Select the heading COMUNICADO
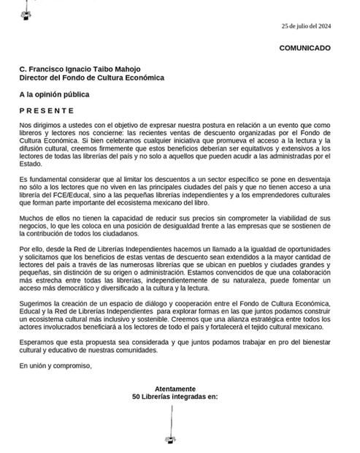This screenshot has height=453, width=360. (x=305, y=48)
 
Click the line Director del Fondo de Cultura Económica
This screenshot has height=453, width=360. (x=92, y=78)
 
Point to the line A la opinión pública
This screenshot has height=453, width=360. (x=55, y=94)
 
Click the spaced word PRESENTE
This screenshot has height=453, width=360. (x=47, y=110)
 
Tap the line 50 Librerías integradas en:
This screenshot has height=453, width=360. (x=175, y=398)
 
